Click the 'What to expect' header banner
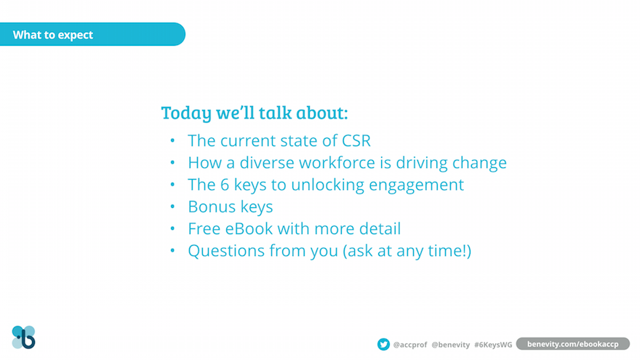pyautogui.click(x=92, y=34)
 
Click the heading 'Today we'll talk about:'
pyautogui.click(x=255, y=113)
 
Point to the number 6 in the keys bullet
pyautogui.click(x=225, y=185)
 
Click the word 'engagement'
pyautogui.click(x=416, y=185)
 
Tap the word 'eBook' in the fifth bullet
pyautogui.click(x=249, y=228)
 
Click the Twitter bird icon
pyautogui.click(x=383, y=344)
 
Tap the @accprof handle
pyautogui.click(x=409, y=345)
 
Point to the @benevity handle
pyautogui.click(x=451, y=345)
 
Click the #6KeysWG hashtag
pyautogui.click(x=493, y=345)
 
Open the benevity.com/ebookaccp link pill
pyautogui.click(x=573, y=344)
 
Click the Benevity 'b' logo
pyautogui.click(x=24, y=337)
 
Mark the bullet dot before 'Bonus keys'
pyautogui.click(x=172, y=207)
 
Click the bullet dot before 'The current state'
pyautogui.click(x=172, y=141)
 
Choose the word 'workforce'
pyautogui.click(x=337, y=162)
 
